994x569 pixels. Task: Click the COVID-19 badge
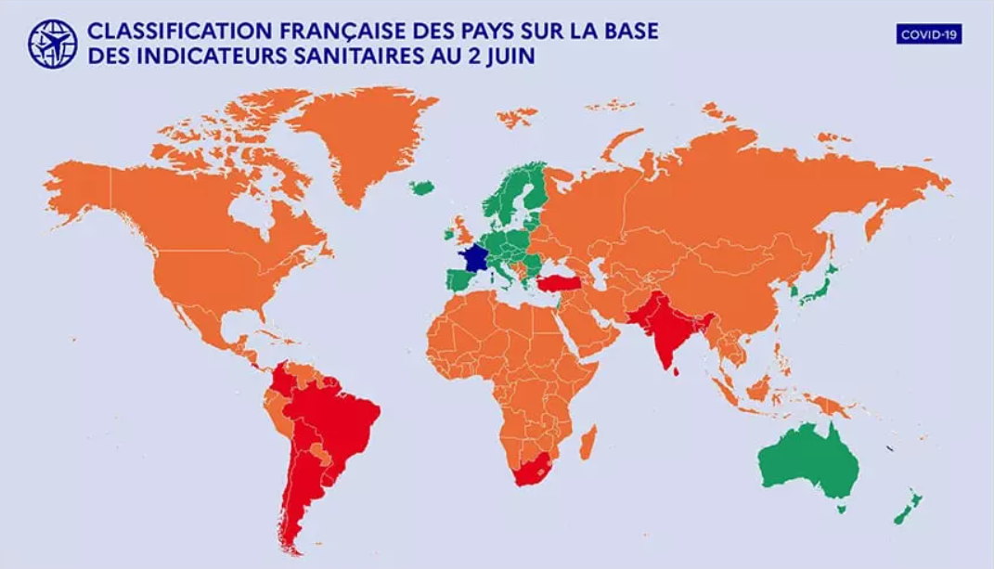click(929, 34)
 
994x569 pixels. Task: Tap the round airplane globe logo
click(52, 44)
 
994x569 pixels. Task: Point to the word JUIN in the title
click(511, 57)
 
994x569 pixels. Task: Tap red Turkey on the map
click(559, 282)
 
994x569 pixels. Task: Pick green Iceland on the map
click(422, 188)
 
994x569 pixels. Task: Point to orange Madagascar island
click(587, 443)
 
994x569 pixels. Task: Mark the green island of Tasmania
click(842, 509)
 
